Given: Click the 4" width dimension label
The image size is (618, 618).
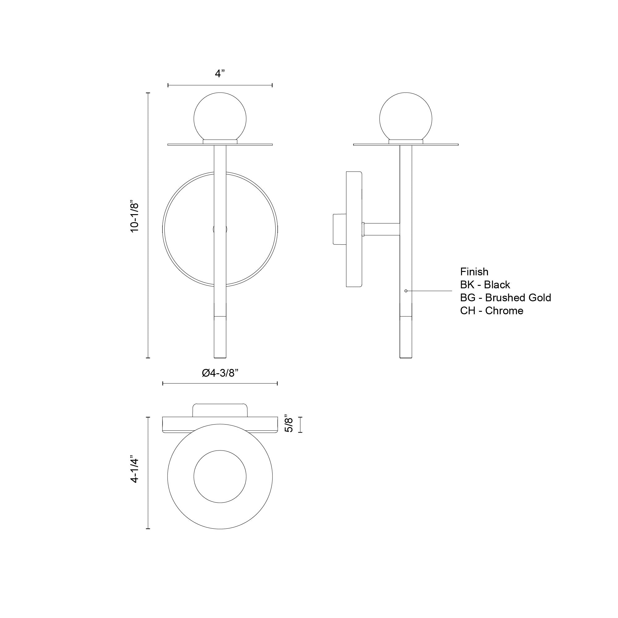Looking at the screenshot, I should click(220, 74).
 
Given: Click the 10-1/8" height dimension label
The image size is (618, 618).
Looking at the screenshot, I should click(135, 217).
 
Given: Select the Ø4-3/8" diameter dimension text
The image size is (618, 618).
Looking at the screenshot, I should click(220, 373).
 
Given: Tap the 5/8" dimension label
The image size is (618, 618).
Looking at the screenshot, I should click(289, 425).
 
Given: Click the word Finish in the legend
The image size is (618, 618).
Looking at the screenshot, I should click(474, 272).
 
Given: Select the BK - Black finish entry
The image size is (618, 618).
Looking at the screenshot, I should click(485, 285).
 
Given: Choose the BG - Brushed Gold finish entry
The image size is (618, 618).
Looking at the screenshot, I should click(506, 298).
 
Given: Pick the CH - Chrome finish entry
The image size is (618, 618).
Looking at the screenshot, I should click(492, 311).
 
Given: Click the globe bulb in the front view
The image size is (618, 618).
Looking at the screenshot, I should click(220, 118).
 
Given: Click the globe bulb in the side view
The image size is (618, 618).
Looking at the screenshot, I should click(406, 118).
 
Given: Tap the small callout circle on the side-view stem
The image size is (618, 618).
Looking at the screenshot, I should click(406, 291).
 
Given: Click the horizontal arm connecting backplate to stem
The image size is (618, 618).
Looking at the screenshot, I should click(382, 229).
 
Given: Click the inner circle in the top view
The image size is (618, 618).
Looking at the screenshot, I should click(220, 476).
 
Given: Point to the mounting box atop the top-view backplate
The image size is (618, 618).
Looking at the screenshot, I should click(220, 410).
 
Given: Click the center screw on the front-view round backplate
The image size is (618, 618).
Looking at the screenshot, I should click(220, 229).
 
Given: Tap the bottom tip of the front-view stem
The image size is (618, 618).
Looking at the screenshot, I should click(220, 357).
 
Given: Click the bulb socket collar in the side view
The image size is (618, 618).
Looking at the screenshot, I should click(406, 142).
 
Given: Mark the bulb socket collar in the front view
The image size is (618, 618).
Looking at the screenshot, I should click(220, 142).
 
